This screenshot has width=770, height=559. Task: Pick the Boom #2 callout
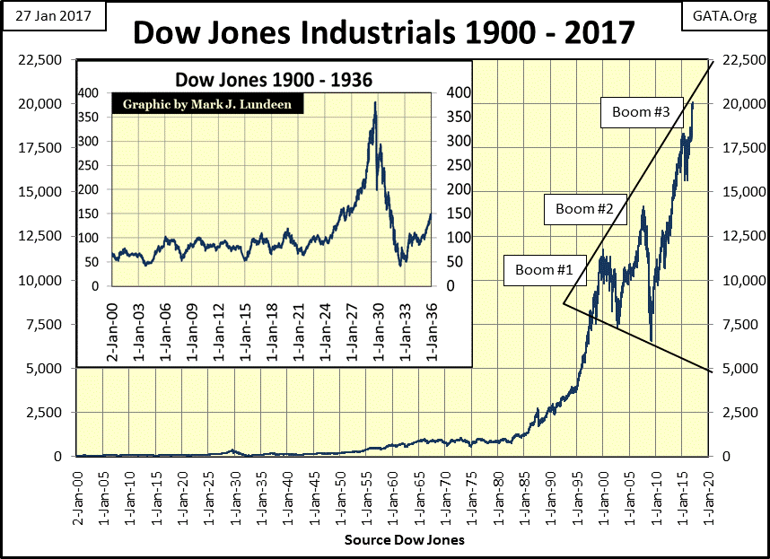tap(584, 209)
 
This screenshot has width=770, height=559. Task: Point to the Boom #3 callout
tap(641, 112)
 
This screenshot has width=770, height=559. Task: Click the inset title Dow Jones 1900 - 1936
tap(274, 80)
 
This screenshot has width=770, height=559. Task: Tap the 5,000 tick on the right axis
tap(736, 369)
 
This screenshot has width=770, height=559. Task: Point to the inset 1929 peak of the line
tap(374, 102)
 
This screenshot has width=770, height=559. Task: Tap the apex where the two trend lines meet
tap(564, 303)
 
